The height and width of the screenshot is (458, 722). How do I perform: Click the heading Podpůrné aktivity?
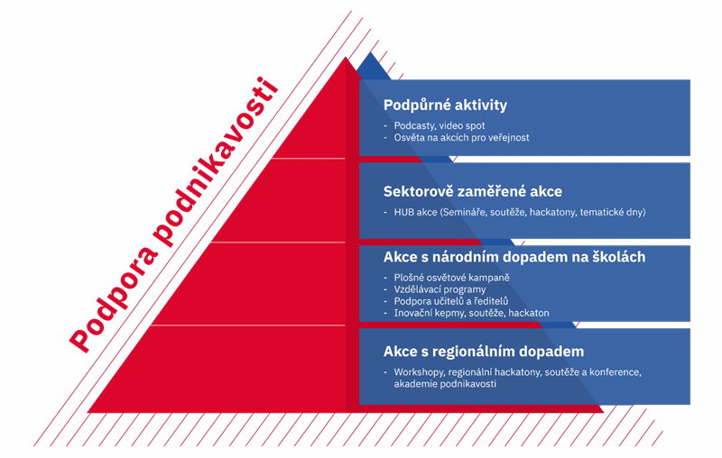445,105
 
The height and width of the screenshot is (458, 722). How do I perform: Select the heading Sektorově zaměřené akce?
472,191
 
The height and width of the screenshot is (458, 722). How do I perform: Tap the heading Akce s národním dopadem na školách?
514,257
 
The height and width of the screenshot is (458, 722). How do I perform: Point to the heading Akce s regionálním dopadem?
484,352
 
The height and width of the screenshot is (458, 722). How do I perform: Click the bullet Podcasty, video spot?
440,125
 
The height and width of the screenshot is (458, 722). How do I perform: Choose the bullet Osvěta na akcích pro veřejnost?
461,138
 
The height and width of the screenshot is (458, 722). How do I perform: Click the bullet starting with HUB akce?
520,212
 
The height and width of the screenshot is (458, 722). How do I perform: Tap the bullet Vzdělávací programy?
440,289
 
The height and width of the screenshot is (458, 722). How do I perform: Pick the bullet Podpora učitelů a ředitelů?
451,301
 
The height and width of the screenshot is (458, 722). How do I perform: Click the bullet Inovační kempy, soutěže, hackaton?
471,313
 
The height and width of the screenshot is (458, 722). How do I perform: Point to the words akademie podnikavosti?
445,384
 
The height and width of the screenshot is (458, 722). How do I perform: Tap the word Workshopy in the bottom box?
419,372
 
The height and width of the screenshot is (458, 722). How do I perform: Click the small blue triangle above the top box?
373,67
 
